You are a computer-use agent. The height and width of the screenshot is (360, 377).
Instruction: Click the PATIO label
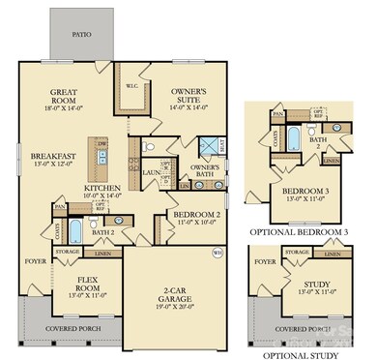pyautogui.click(x=82, y=33)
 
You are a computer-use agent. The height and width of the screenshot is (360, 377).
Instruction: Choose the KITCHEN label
pyautogui.click(x=103, y=188)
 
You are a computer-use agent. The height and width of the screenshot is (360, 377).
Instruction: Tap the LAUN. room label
pyautogui.click(x=151, y=172)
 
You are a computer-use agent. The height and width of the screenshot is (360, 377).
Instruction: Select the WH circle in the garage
pyautogui.click(x=217, y=255)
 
